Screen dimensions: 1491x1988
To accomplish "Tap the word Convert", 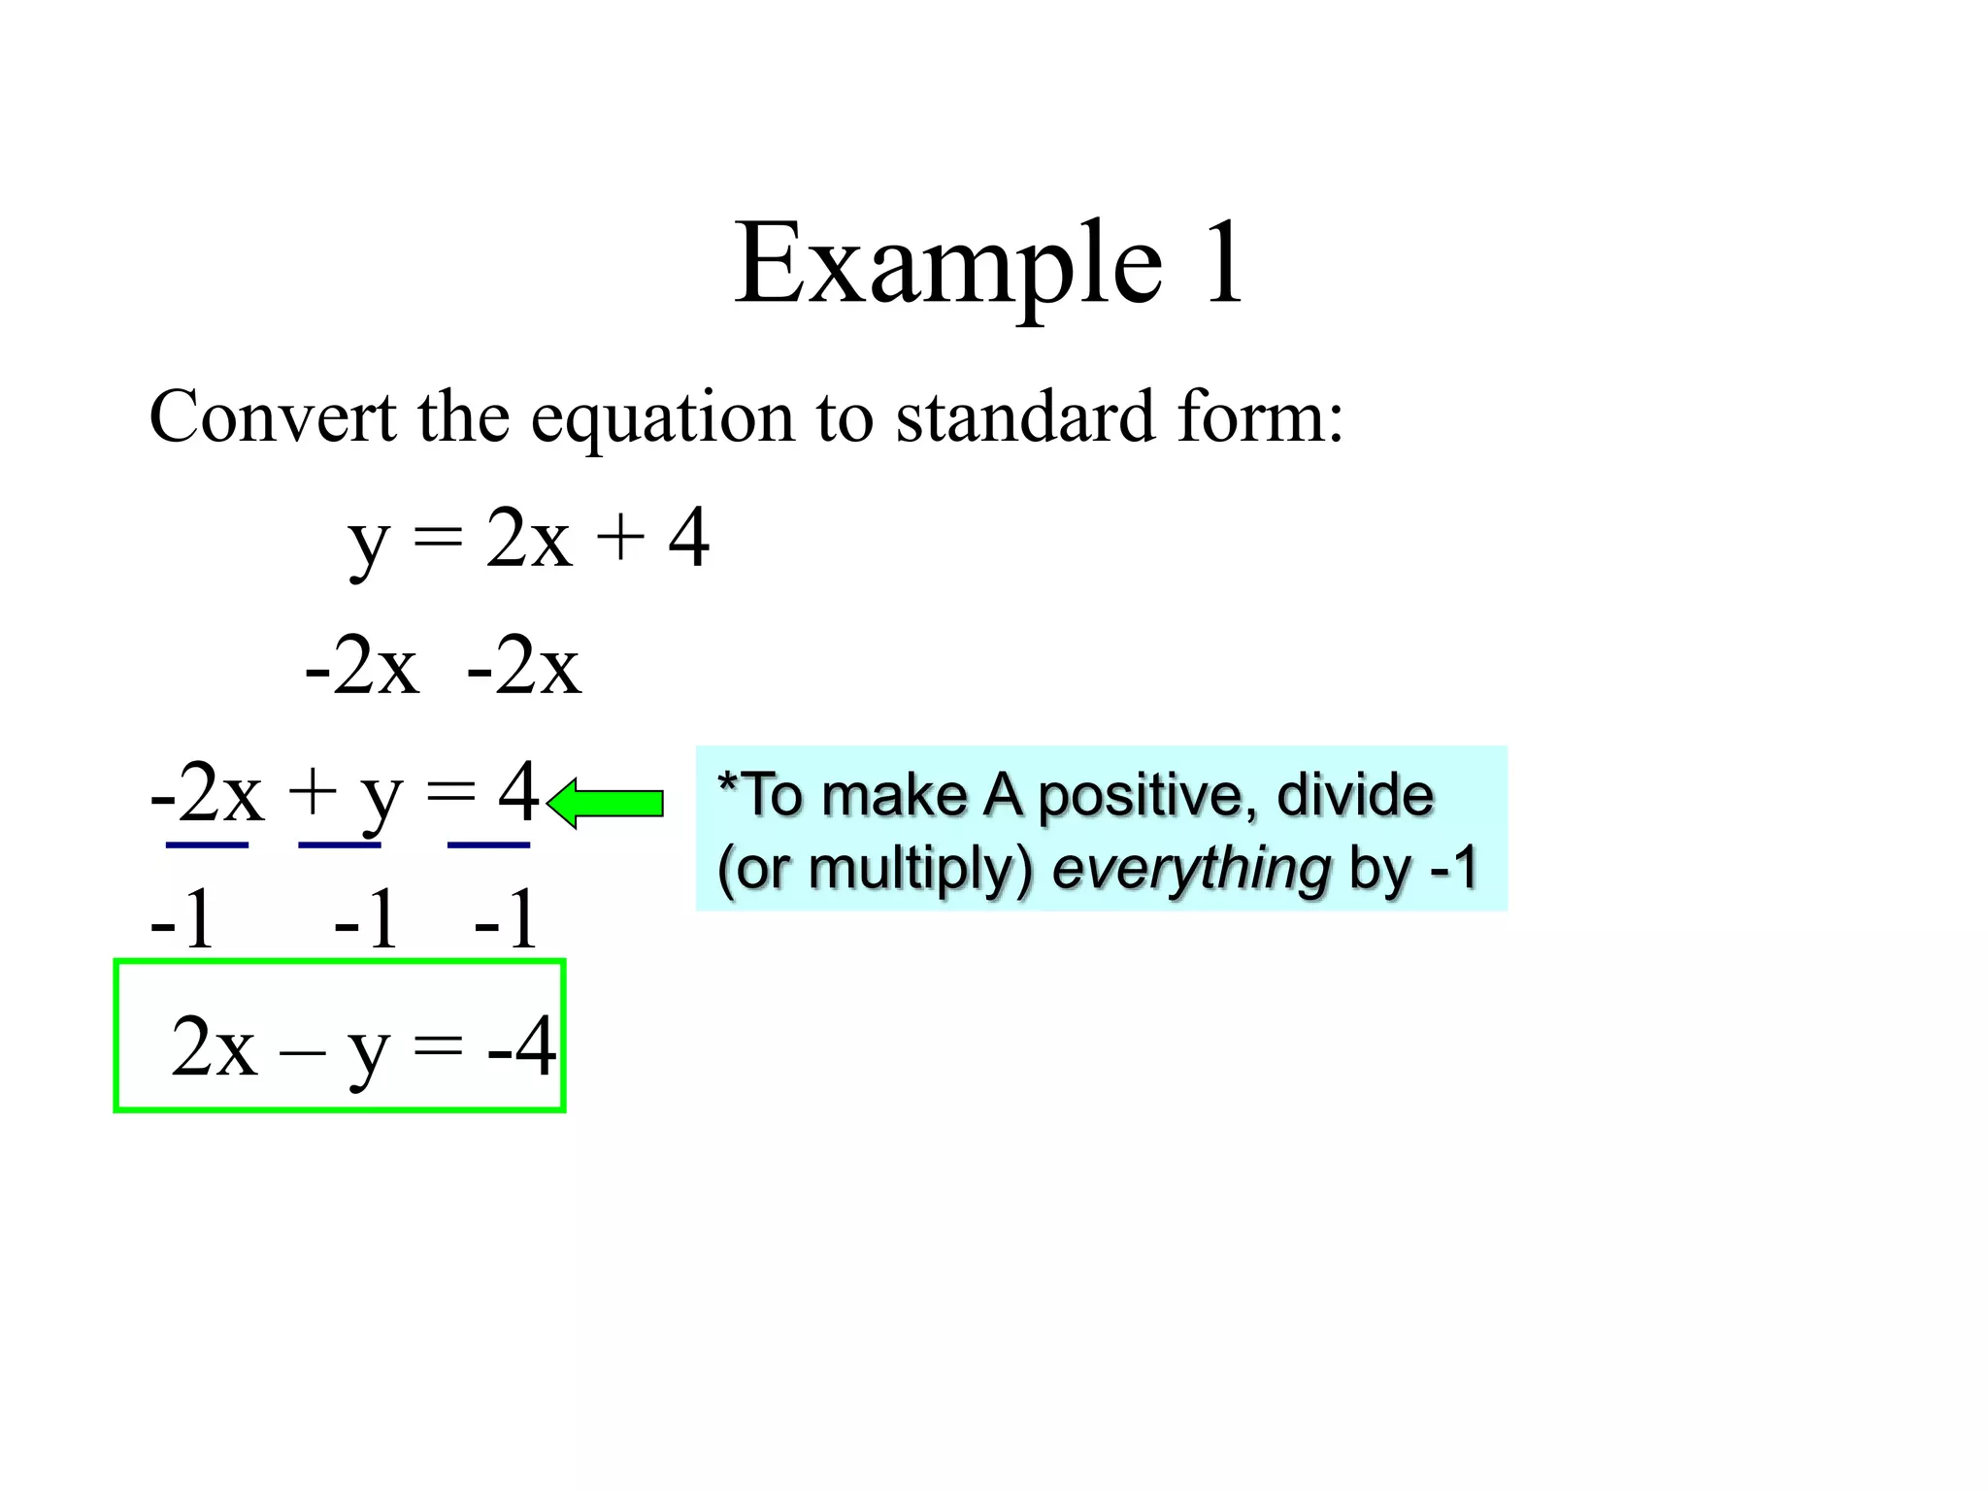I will point(273,416).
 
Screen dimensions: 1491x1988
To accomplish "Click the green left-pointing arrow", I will point(606,803).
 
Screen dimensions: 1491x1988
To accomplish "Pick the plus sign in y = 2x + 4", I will point(620,539).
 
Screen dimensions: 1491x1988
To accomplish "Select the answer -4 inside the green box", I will point(521,1046).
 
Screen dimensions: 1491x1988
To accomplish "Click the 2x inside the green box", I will point(215,1046).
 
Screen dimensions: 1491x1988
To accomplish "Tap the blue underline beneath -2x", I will point(207,845).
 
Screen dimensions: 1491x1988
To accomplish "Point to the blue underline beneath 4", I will point(488,845).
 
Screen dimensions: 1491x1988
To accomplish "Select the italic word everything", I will point(1191,869).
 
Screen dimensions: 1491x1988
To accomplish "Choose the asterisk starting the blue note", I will point(726,780).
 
